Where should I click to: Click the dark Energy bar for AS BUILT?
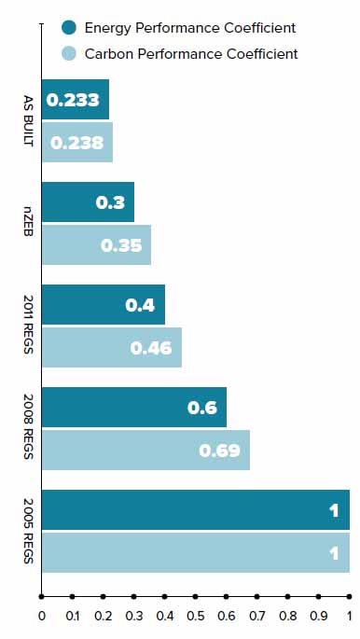[76, 99]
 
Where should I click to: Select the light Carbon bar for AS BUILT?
[77, 142]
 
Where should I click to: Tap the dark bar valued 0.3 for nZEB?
[89, 201]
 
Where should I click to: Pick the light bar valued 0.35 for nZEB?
[96, 244]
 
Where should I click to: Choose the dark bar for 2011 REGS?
[104, 304]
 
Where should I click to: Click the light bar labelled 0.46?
[112, 347]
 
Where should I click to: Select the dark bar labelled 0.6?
[134, 407]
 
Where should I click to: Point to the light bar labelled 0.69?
[146, 450]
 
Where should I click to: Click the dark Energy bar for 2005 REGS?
[196, 509]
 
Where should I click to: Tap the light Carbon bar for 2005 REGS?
[196, 552]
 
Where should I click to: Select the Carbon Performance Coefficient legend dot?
[70, 53]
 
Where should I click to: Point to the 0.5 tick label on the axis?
[196, 616]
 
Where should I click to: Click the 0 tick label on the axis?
[42, 616]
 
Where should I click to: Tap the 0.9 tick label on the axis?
[319, 616]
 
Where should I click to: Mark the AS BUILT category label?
[29, 120]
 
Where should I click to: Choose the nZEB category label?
[29, 223]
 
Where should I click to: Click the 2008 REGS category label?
[29, 428]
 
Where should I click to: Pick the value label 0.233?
[74, 99]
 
